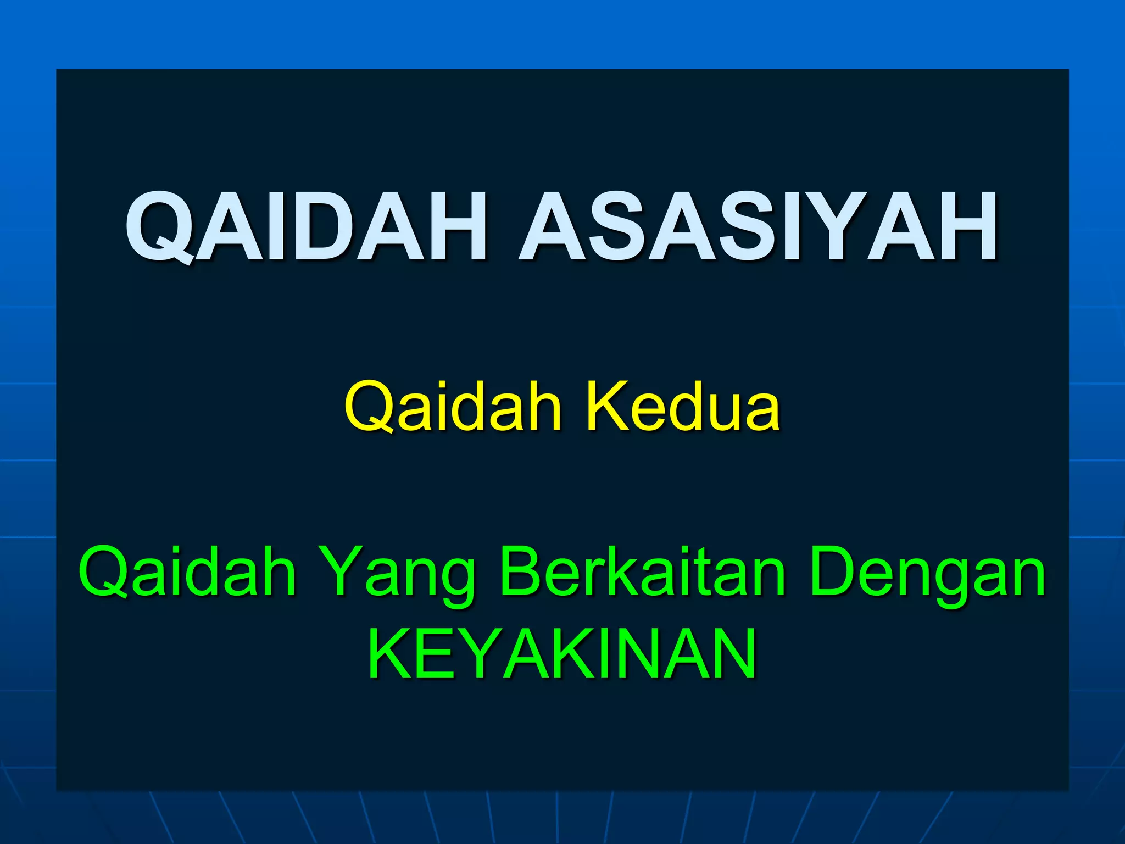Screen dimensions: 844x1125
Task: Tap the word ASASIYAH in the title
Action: pos(758,226)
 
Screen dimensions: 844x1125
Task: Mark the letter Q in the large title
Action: pos(159,227)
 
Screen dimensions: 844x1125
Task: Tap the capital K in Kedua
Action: pos(607,407)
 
